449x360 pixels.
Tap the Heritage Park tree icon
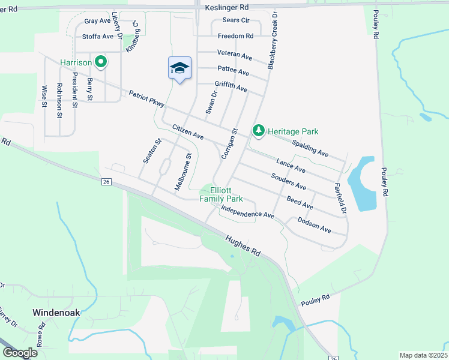click(259, 130)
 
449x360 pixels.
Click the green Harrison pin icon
click(101, 61)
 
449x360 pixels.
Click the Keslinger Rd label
click(226, 8)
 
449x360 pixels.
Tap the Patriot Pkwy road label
click(146, 99)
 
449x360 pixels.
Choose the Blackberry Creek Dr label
click(271, 41)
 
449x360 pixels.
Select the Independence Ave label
click(247, 211)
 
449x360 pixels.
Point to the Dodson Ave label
click(315, 224)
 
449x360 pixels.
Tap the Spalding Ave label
click(310, 148)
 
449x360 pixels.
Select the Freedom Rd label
click(235, 36)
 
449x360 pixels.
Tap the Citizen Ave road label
click(188, 132)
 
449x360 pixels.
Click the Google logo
click(20, 353)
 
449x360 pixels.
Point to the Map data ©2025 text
click(423, 355)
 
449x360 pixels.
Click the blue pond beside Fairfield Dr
click(363, 183)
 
